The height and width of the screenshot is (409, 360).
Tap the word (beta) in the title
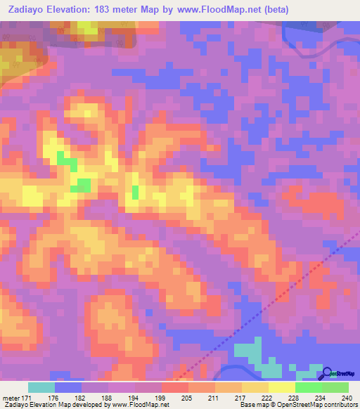click(x=272, y=10)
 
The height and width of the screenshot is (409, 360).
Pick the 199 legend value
click(x=161, y=398)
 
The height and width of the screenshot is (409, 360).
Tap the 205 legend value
click(x=188, y=398)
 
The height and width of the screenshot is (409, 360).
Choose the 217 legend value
click(x=241, y=398)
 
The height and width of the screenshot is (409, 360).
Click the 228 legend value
click(x=295, y=398)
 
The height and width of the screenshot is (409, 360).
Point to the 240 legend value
click(x=348, y=398)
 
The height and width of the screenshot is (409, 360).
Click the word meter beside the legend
click(x=10, y=398)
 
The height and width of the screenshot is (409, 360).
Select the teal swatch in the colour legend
click(x=41, y=387)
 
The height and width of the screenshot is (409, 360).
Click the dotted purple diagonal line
click(x=281, y=295)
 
